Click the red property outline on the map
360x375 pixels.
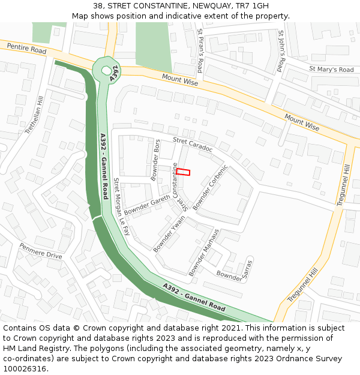pos(183,172)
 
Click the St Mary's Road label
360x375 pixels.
pos(331,70)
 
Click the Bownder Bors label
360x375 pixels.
pos(156,160)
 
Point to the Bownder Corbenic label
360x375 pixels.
pos(211,187)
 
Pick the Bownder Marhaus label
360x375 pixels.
pos(204,252)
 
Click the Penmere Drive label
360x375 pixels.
pos(41,251)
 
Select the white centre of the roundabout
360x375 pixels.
pos(106,70)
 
